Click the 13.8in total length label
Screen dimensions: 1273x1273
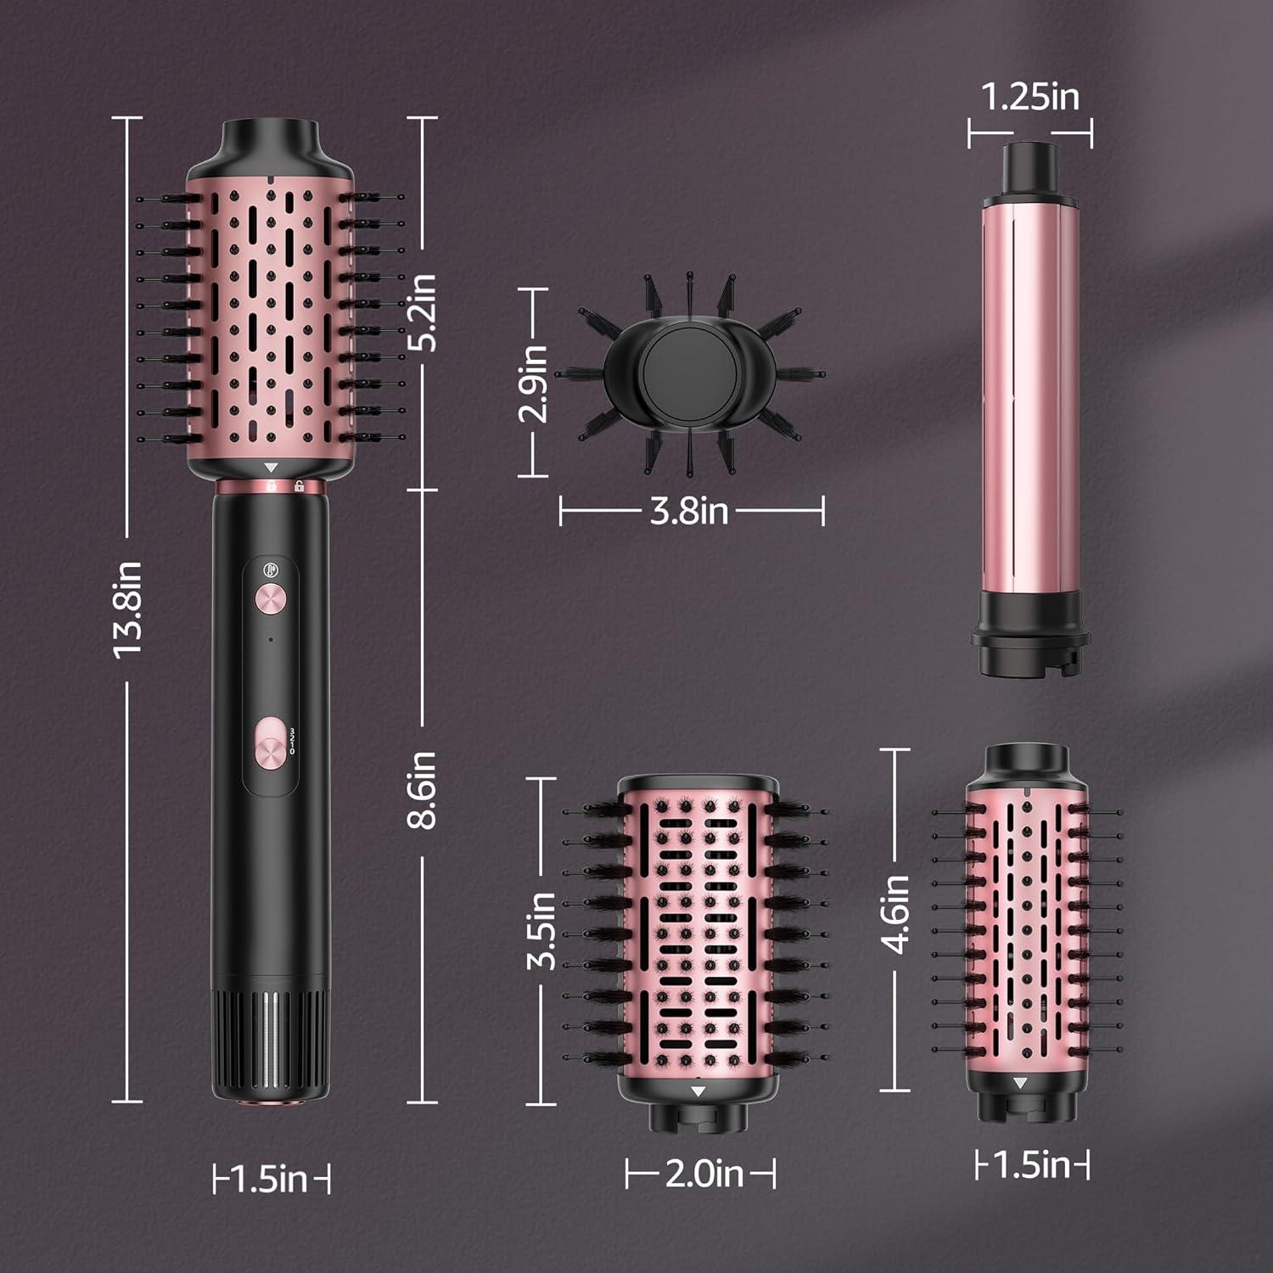pyautogui.click(x=126, y=609)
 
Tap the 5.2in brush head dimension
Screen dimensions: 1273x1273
pyautogui.click(x=422, y=311)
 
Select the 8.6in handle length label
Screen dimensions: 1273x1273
pyautogui.click(x=422, y=789)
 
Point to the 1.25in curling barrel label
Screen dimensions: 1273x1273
pyautogui.click(x=1030, y=97)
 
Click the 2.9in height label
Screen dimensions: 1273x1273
pyautogui.click(x=534, y=383)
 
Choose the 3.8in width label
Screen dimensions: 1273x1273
pyautogui.click(x=689, y=511)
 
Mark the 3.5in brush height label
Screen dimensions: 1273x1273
pyautogui.click(x=541, y=931)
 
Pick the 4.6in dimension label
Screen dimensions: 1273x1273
pyautogui.click(x=896, y=915)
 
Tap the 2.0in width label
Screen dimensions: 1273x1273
pyautogui.click(x=704, y=1174)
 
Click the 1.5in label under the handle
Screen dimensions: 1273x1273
pyautogui.click(x=270, y=1179)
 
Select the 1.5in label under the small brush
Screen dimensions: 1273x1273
pyautogui.click(x=1031, y=1164)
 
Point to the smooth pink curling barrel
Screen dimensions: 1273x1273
pyautogui.click(x=1030, y=399)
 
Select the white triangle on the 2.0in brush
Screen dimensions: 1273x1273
pyautogui.click(x=698, y=1091)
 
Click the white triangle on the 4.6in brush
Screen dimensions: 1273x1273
pyautogui.click(x=1020, y=1083)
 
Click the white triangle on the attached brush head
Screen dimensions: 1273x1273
pyautogui.click(x=271, y=468)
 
